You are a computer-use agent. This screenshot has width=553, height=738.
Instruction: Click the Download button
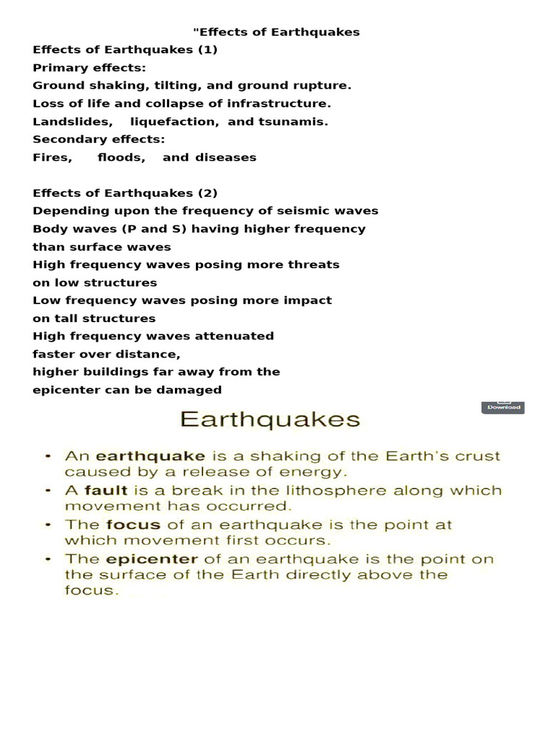click(503, 407)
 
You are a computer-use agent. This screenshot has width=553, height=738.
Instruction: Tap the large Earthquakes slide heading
click(270, 419)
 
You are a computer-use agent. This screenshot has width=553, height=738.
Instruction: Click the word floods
click(121, 158)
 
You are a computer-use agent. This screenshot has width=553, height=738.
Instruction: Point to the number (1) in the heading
click(207, 50)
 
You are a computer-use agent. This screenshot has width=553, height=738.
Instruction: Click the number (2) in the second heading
click(207, 193)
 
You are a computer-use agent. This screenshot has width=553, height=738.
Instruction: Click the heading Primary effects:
click(89, 68)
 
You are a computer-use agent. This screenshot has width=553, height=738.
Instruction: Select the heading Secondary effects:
click(99, 140)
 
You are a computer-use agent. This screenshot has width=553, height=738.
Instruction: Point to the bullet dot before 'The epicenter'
click(48, 559)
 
